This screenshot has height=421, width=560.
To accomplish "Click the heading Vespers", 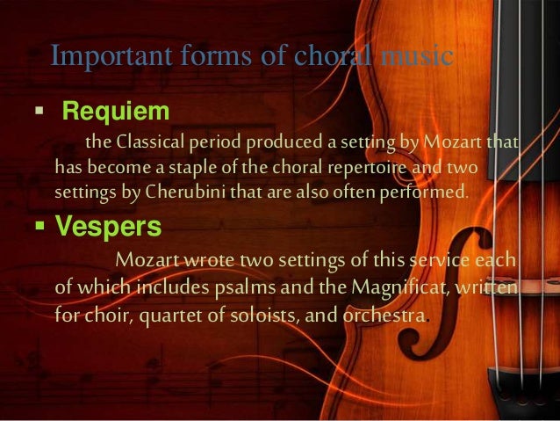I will pyautogui.click(x=108, y=226).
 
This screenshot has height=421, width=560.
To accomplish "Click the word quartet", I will pyautogui.click(x=169, y=314).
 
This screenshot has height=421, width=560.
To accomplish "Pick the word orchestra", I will pyautogui.click(x=381, y=314).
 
